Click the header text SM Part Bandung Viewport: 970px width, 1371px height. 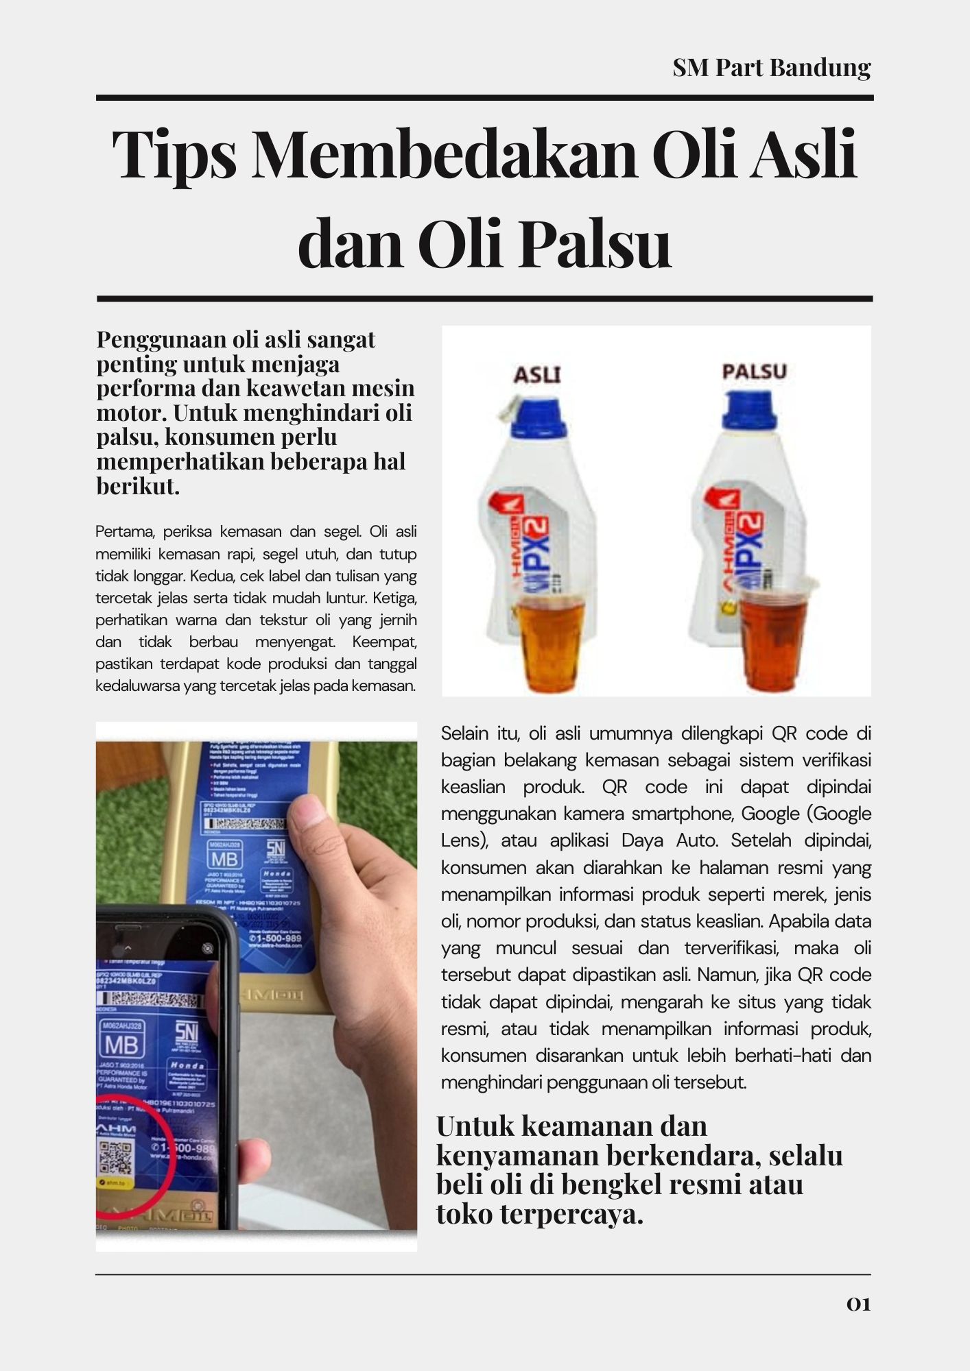point(771,68)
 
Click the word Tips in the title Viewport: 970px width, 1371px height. point(174,154)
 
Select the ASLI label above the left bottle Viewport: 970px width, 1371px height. point(537,374)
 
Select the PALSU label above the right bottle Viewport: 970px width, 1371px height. point(754,372)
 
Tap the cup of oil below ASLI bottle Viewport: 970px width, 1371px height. point(550,641)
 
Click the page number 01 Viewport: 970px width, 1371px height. point(858,1305)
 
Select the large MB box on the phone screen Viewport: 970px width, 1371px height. point(122,1045)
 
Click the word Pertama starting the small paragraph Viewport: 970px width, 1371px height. point(120,532)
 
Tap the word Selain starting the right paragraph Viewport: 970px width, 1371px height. point(464,733)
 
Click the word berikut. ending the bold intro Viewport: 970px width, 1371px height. point(138,486)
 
